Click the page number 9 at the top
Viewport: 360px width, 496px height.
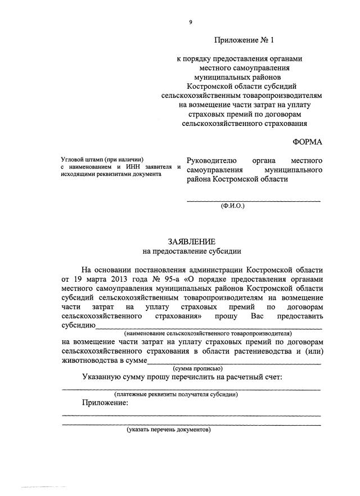click(191, 22)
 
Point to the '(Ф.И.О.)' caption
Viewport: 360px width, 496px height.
click(231, 206)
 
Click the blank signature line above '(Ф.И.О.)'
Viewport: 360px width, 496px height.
click(254, 200)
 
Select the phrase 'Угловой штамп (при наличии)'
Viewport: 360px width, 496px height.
click(103, 159)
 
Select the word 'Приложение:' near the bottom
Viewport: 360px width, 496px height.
click(105, 403)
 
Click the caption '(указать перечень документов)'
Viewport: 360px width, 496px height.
click(169, 430)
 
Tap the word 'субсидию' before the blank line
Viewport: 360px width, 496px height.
click(78, 325)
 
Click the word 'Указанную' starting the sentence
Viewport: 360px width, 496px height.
click(105, 377)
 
